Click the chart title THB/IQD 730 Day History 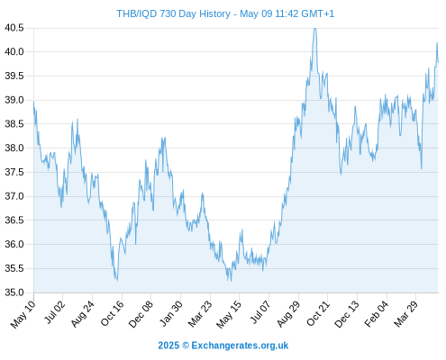[174, 13]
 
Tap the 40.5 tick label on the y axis [14, 28]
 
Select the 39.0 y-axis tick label [14, 100]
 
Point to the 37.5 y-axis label [14, 172]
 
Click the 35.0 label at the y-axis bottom [14, 292]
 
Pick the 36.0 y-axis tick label [14, 244]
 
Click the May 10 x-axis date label [23, 314]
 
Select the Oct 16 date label [112, 313]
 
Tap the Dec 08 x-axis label [141, 313]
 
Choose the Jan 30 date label [170, 313]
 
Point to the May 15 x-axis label [229, 314]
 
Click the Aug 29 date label [288, 313]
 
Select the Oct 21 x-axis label [318, 313]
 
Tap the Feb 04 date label [377, 313]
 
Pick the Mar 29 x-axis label [406, 313]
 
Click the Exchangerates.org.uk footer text [240, 346]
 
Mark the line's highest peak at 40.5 [314, 29]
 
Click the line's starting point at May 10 [33, 102]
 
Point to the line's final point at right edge [438, 62]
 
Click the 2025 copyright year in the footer [168, 346]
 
